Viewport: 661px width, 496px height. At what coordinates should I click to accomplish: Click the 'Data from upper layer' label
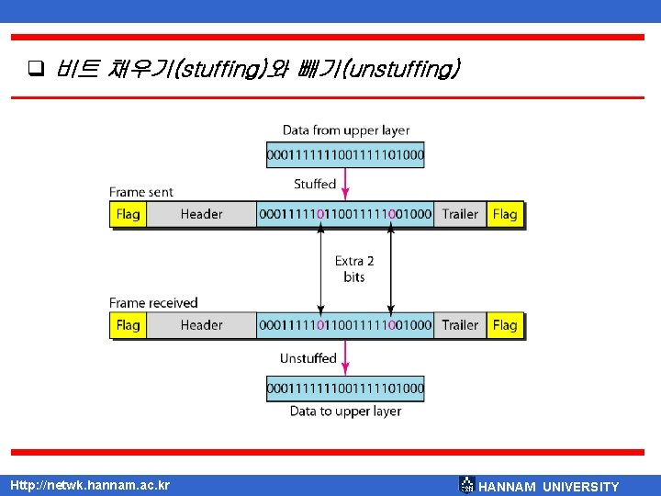pyautogui.click(x=346, y=130)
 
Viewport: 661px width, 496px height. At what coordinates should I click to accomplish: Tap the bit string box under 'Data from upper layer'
pyautogui.click(x=345, y=155)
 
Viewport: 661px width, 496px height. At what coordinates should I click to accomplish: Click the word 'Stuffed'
pyautogui.click(x=315, y=185)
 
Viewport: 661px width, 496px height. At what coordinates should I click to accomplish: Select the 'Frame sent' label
pyautogui.click(x=141, y=192)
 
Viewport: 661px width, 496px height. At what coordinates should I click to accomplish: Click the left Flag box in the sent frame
pyautogui.click(x=129, y=214)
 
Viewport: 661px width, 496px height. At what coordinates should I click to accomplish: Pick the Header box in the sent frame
pyautogui.click(x=201, y=214)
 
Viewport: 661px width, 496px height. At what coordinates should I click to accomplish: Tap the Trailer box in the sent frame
pyautogui.click(x=460, y=214)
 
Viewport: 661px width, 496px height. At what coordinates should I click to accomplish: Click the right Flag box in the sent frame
pyautogui.click(x=505, y=214)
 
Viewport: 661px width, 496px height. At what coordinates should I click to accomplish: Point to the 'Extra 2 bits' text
pyautogui.click(x=354, y=269)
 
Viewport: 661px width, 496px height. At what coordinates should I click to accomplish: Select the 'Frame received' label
pyautogui.click(x=153, y=303)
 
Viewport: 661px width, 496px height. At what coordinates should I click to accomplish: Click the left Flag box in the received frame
pyautogui.click(x=129, y=325)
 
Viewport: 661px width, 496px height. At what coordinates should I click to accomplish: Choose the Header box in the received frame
pyautogui.click(x=201, y=325)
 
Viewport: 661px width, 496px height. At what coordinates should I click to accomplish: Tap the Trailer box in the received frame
pyautogui.click(x=460, y=325)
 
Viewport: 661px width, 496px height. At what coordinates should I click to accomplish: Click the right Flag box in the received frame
pyautogui.click(x=505, y=325)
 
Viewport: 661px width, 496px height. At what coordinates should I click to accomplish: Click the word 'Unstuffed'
pyautogui.click(x=308, y=358)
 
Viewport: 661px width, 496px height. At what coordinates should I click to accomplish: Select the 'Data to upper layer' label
pyautogui.click(x=345, y=411)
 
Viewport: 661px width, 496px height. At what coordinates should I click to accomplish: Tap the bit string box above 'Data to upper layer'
pyautogui.click(x=345, y=389)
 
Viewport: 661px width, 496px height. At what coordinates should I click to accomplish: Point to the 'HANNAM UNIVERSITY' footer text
pyautogui.click(x=549, y=487)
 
